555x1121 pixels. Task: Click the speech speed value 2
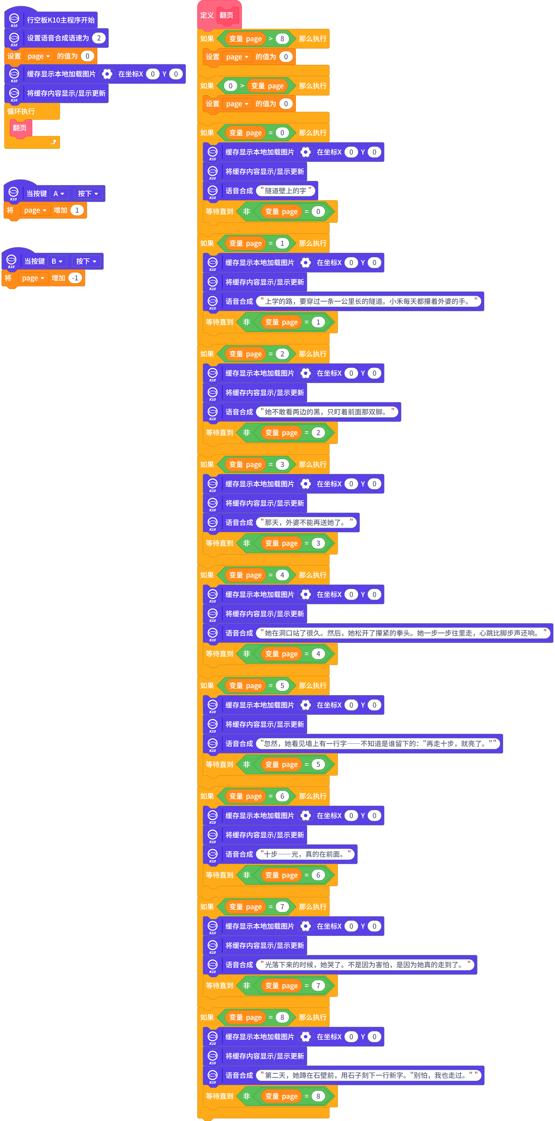[x=99, y=38]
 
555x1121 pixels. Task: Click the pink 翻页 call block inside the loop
[x=20, y=128]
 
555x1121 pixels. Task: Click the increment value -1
[x=75, y=278]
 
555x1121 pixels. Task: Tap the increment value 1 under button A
[x=77, y=210]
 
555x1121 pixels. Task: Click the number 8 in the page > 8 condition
[x=282, y=39]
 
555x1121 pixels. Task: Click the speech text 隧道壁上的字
[x=286, y=191]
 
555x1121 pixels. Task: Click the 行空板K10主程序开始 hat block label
[x=61, y=20]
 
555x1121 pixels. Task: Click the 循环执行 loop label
[x=21, y=111]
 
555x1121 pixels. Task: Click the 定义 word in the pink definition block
[x=207, y=15]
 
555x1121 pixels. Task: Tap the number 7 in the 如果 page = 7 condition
[x=282, y=906]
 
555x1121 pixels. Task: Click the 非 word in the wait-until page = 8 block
[x=247, y=1096]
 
